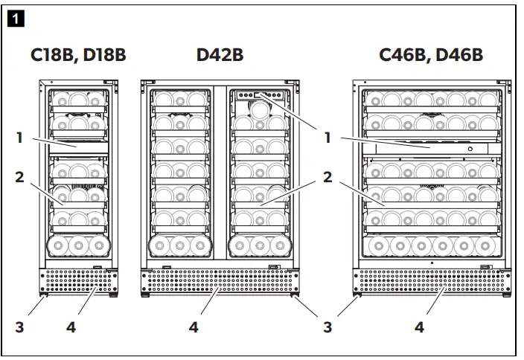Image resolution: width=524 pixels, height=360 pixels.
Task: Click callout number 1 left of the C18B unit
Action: pos(19,137)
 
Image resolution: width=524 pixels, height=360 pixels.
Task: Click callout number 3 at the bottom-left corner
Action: pos(19,326)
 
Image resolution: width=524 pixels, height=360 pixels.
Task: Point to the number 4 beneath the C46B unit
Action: pos(420,326)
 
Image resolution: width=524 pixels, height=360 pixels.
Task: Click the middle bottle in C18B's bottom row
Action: pos(77,246)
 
